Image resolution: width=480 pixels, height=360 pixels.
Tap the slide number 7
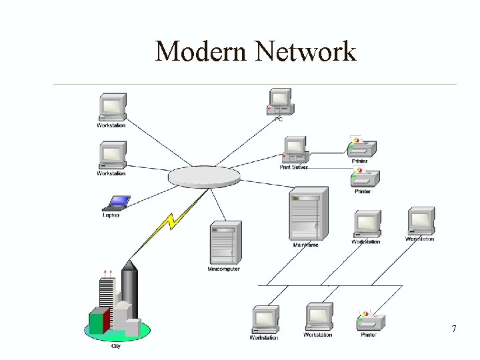[x=453, y=329]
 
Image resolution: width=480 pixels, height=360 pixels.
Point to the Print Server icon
[x=294, y=149]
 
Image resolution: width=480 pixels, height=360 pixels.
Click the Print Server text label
[x=293, y=167]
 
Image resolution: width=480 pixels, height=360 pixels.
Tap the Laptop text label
[x=111, y=215]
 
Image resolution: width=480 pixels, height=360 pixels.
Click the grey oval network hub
[x=203, y=177]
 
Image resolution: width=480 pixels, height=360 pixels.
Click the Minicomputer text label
[x=223, y=269]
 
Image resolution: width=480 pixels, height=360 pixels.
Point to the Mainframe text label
[x=305, y=245]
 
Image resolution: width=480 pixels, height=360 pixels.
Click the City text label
[x=116, y=345]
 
